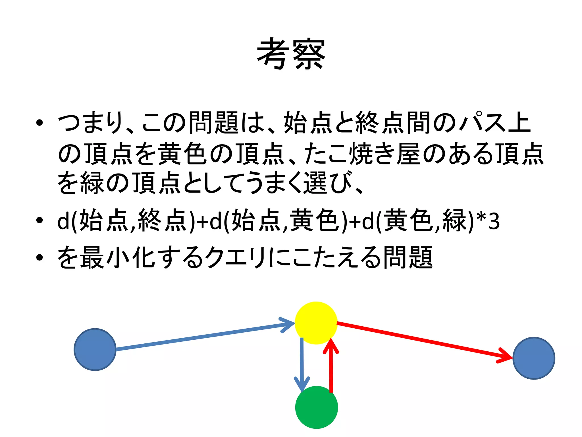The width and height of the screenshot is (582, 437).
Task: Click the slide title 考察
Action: click(x=291, y=54)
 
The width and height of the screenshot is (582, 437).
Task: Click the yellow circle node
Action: click(x=316, y=323)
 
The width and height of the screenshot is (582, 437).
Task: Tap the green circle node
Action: click(x=316, y=407)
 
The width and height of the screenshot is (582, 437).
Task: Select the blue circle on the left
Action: click(x=95, y=349)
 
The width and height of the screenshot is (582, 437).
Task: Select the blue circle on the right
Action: click(x=534, y=358)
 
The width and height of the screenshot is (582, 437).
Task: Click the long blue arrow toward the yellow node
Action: click(x=199, y=337)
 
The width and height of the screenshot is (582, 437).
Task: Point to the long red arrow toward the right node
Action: click(x=421, y=340)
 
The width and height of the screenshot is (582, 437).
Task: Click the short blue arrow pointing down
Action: click(x=302, y=364)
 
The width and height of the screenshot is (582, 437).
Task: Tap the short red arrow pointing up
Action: click(x=331, y=367)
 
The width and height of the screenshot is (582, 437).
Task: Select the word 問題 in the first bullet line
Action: click(x=214, y=123)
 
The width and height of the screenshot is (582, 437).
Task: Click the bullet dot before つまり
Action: click(x=40, y=123)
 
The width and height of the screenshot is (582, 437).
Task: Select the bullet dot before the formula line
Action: click(x=40, y=220)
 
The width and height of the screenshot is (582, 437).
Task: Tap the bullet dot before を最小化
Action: click(x=40, y=257)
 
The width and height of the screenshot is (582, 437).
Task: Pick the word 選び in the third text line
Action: click(x=328, y=183)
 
